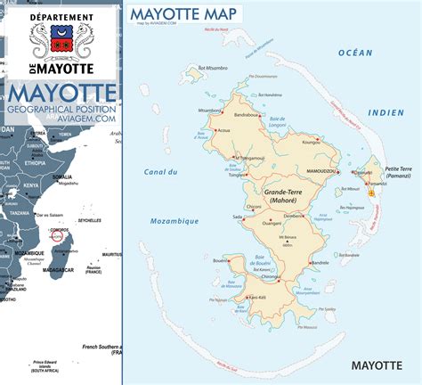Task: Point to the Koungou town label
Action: tap(310, 141)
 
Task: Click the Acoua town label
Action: tap(223, 129)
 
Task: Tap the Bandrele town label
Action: tap(321, 264)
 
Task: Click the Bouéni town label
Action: tap(221, 260)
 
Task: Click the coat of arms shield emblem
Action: tap(61, 40)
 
